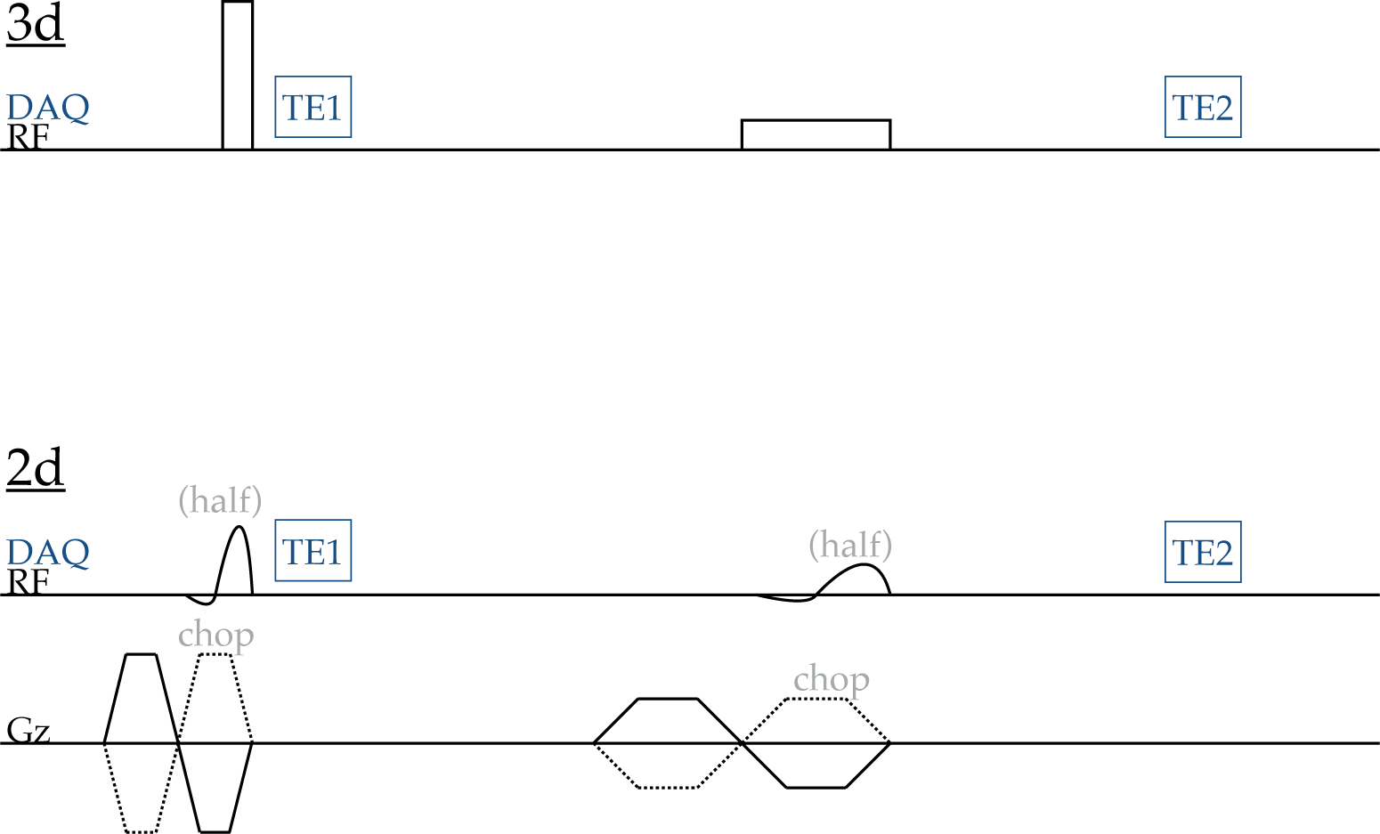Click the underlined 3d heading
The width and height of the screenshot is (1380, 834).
[36, 24]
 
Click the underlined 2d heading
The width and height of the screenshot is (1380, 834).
[36, 468]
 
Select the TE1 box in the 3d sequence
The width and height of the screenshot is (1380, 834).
[313, 107]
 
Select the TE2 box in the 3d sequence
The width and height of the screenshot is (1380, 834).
[1203, 107]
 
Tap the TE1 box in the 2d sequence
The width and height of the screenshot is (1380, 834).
[313, 551]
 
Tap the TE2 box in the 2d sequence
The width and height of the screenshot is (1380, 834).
[1203, 552]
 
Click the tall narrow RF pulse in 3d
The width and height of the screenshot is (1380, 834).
[238, 76]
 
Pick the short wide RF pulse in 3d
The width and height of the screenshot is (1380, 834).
[816, 134]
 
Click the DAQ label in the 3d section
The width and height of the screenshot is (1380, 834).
[48, 108]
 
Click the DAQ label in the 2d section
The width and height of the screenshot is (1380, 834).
[48, 552]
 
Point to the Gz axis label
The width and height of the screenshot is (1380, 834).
[28, 731]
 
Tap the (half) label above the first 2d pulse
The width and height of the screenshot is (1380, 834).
[220, 500]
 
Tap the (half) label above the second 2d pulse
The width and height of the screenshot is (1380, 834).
[850, 544]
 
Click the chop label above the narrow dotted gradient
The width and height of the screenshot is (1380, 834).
[216, 636]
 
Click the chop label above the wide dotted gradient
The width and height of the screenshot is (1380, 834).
[832, 679]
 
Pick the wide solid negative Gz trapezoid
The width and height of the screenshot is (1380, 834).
[816, 767]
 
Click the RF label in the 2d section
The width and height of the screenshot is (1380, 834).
[28, 582]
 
